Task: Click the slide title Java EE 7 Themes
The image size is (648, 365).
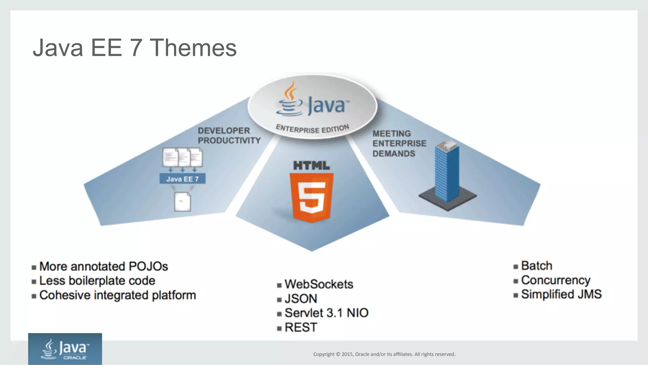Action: tap(134, 48)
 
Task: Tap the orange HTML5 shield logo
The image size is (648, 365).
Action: tap(312, 197)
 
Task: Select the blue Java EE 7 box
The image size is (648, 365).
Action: tap(183, 179)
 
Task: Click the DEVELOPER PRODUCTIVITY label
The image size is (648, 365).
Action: tap(229, 135)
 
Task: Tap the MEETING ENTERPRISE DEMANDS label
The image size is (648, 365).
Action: tap(399, 143)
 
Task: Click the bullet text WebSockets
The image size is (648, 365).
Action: tap(319, 284)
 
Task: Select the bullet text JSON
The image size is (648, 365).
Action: tap(301, 299)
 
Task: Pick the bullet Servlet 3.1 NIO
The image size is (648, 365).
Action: tap(326, 313)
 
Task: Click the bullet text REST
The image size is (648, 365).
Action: tap(301, 327)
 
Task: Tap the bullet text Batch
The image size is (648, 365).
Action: tap(536, 266)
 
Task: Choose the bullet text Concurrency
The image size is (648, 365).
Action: tap(555, 280)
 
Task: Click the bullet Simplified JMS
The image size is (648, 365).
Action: tap(561, 294)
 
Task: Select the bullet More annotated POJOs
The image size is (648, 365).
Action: tap(103, 267)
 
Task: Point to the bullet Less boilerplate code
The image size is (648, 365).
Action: tap(97, 281)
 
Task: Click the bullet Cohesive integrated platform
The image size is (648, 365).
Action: tap(117, 295)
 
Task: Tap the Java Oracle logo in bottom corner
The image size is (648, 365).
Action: tap(65, 349)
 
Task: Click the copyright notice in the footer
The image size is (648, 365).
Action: tap(384, 354)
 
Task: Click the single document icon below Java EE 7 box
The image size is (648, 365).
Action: tap(183, 202)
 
